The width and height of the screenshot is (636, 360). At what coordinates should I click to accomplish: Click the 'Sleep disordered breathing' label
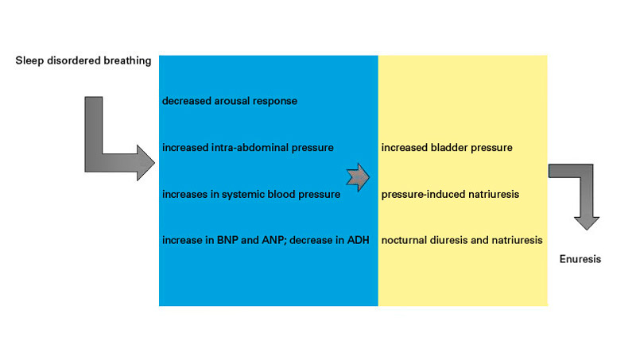pos(83,61)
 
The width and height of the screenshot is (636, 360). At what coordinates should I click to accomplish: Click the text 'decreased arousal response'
pos(230,101)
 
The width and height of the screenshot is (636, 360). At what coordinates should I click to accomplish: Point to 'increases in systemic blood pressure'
pos(251,194)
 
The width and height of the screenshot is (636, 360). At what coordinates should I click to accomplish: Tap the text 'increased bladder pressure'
pos(446,148)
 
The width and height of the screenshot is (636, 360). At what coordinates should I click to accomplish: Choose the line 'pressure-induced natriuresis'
pos(452,194)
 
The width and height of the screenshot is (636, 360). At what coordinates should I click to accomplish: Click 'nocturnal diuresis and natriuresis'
pos(462,240)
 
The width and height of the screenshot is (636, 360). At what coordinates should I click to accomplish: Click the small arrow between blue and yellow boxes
pos(359,177)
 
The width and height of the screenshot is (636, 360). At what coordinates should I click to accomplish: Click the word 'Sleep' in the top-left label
pos(29,61)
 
